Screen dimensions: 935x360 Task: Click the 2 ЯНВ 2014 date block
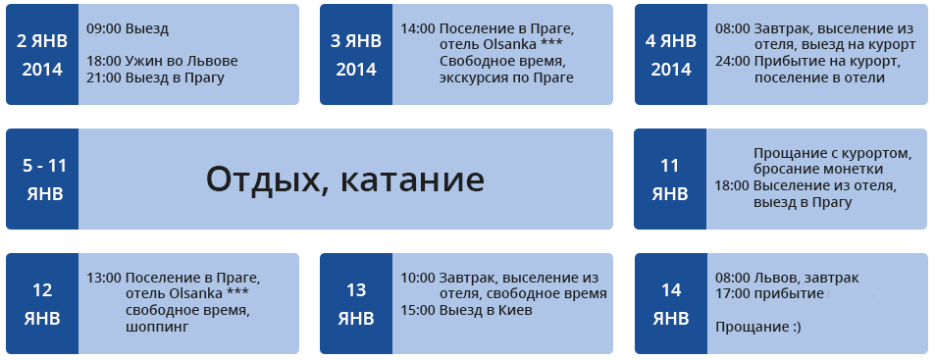coord(42,55)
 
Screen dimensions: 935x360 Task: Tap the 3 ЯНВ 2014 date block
coord(356,55)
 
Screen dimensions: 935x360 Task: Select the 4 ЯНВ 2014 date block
coord(671,55)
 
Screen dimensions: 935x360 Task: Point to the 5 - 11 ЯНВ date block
coord(42,179)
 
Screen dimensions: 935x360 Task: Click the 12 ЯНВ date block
coord(42,303)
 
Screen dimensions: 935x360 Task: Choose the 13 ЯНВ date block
coord(356,303)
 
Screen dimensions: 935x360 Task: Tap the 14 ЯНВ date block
coord(671,303)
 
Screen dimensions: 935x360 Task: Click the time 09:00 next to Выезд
coord(104,29)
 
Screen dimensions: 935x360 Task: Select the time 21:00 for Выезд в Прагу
coord(104,78)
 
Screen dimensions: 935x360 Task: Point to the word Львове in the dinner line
coord(217,62)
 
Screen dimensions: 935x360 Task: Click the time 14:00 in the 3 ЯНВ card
coord(418,28)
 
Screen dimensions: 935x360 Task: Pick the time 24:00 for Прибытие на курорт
coord(733,62)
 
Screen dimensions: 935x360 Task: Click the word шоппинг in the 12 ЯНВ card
coord(157,328)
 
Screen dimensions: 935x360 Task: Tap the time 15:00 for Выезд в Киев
coord(418,311)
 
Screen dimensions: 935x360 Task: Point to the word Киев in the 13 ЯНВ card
coord(516,311)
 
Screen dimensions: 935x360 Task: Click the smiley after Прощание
coord(796,328)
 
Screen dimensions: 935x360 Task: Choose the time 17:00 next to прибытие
coord(733,294)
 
